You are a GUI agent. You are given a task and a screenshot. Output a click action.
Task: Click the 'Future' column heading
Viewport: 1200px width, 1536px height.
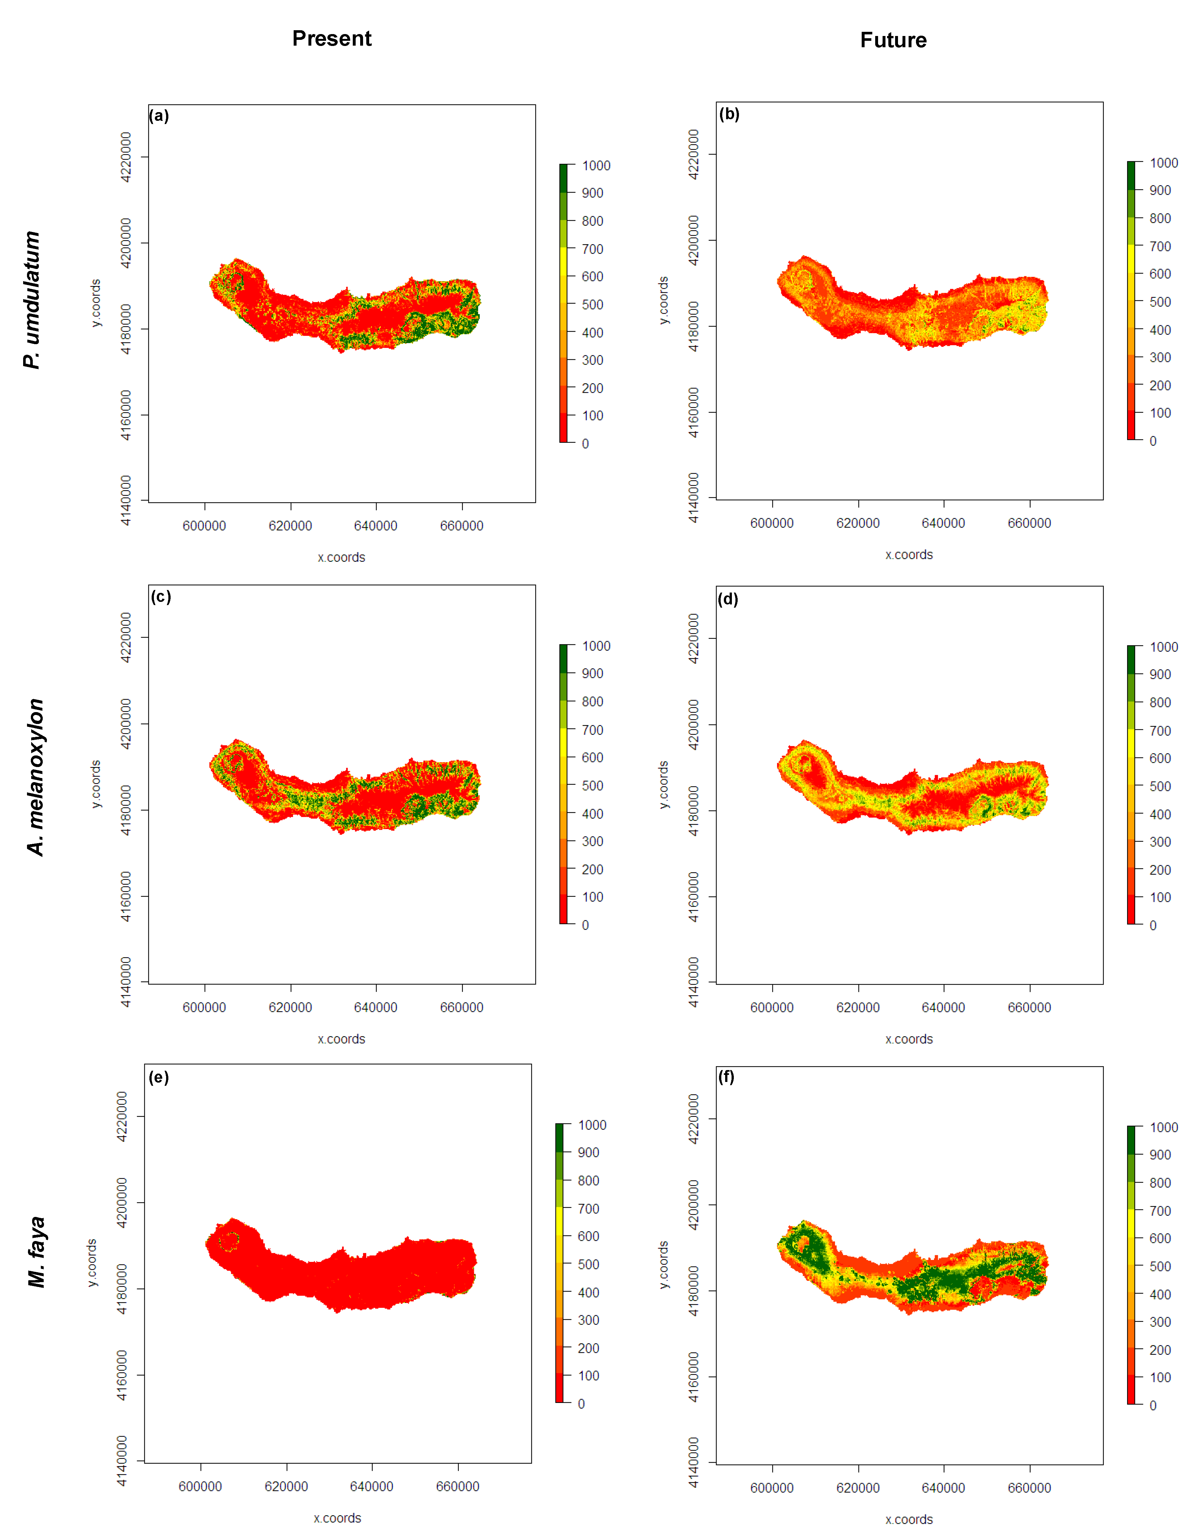pos(893,40)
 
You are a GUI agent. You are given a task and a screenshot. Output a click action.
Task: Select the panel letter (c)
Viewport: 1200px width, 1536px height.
pos(161,596)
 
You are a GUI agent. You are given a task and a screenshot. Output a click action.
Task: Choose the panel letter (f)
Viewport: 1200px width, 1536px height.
pos(726,1077)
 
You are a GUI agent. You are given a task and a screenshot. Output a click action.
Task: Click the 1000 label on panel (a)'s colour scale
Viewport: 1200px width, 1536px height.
pos(596,165)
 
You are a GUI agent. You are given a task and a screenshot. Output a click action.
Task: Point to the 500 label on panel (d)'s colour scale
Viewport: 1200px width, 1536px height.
pos(1160,786)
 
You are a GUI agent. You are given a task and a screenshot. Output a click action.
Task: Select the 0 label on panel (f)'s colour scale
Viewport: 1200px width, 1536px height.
pos(1153,1405)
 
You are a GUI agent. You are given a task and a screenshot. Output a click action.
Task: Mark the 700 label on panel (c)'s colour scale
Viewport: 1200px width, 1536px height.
pos(593,730)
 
